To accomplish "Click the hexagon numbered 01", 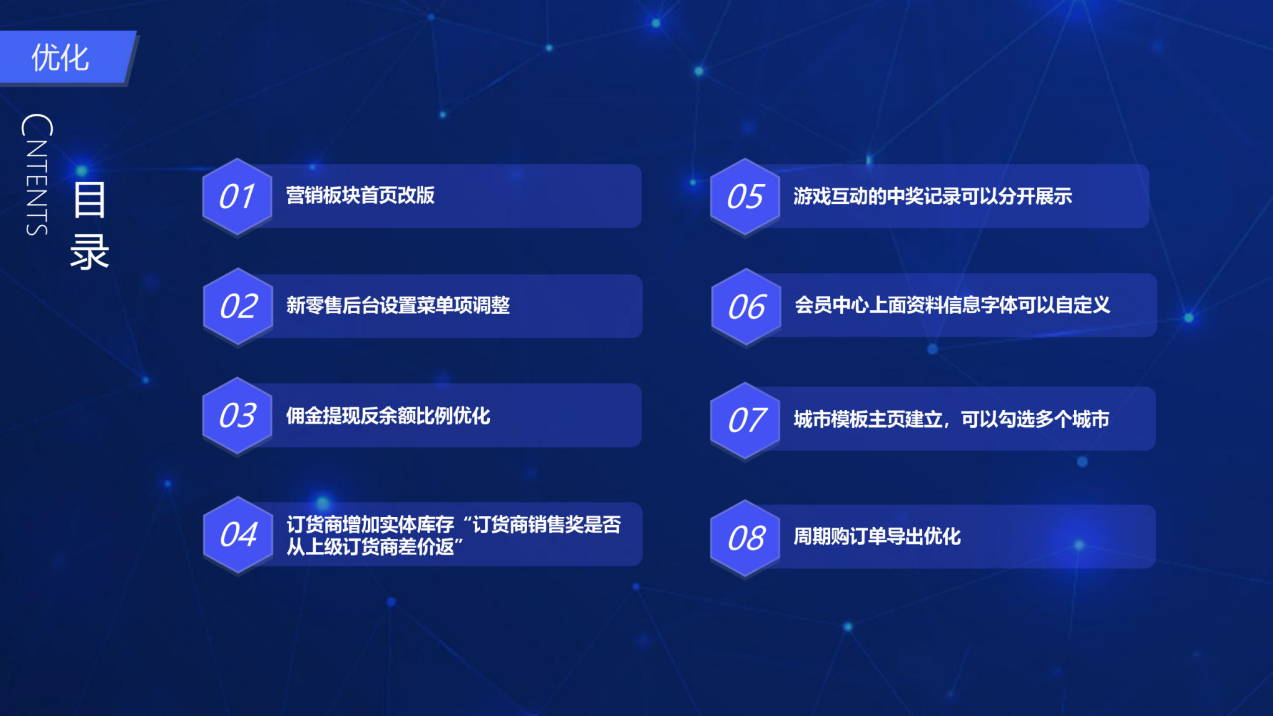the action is [237, 196].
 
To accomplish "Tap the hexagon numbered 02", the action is [238, 306].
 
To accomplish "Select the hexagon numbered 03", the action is [237, 416].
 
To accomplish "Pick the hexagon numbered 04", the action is [238, 535].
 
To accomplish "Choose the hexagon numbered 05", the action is [745, 196].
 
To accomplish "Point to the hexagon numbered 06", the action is [747, 307].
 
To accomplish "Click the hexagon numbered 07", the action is [746, 421].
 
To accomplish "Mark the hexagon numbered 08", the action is [746, 538].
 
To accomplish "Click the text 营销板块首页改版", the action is [360, 195].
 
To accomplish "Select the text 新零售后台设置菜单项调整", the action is [398, 305].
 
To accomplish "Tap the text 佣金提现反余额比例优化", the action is [388, 416].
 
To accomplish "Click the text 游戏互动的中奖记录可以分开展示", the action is [932, 196].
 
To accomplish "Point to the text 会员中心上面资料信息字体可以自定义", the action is [952, 305].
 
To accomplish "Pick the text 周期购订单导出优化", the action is [877, 536].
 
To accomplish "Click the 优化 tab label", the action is [60, 58].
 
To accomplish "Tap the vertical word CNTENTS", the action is [37, 175].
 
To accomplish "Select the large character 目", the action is [90, 200].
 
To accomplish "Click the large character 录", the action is [90, 252].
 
